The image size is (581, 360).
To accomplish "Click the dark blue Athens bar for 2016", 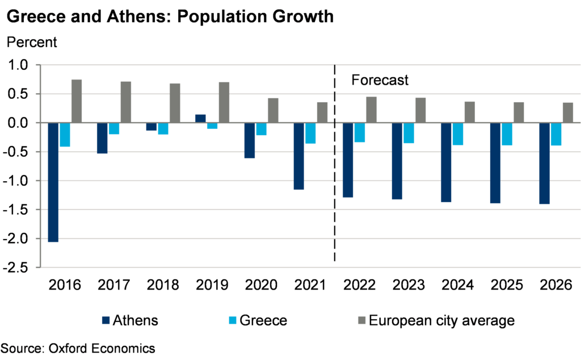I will point(53,182).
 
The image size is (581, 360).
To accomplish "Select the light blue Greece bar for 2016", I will point(65,135).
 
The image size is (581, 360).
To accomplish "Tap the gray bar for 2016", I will point(77,101).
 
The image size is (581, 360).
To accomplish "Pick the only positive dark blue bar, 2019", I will point(200,118).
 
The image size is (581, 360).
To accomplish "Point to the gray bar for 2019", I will point(224,102).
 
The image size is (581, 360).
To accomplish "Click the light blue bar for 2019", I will point(212,125).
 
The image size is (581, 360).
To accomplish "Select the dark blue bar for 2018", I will point(151,127).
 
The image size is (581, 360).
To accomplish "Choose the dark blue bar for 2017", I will point(102,138).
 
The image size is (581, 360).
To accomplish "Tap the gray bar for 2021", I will point(322,112).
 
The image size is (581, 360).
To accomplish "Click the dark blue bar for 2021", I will point(299,156).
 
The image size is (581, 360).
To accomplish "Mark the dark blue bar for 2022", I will point(348,160).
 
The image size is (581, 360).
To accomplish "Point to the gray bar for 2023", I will point(420,110).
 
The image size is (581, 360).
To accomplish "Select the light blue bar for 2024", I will point(458,134).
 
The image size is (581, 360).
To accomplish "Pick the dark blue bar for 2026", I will point(545,163).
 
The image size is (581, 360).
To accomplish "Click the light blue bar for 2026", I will point(556,134).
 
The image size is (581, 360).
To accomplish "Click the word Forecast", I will point(380,80).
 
